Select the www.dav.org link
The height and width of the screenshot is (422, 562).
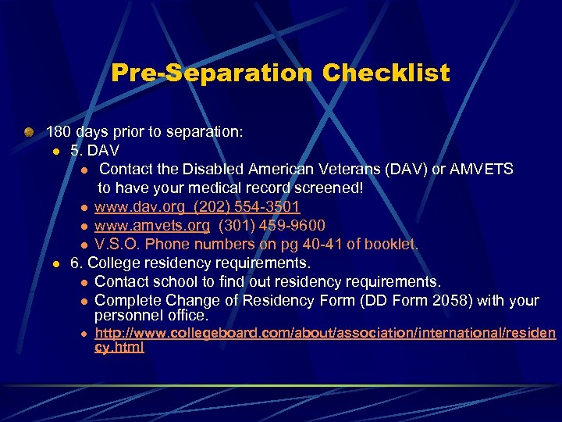133,207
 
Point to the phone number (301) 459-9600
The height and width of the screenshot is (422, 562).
272,226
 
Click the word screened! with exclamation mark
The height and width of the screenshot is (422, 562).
330,188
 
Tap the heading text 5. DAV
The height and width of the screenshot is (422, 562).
94,151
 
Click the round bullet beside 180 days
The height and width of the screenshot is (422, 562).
29,132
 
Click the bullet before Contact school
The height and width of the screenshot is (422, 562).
84,282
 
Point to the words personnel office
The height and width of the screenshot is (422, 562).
151,316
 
